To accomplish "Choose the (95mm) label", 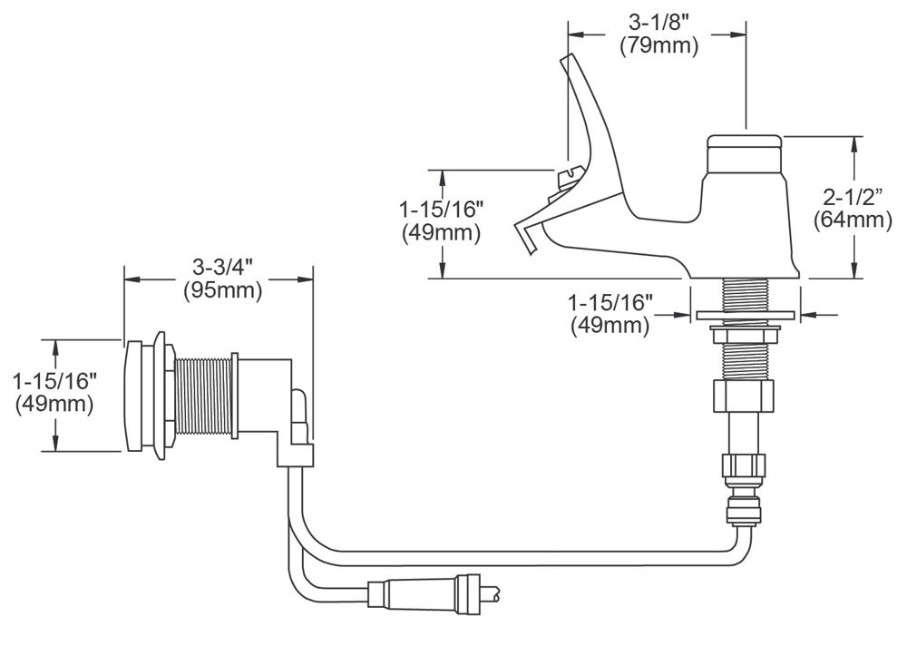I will coord(221,291).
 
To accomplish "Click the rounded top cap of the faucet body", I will coord(744,142).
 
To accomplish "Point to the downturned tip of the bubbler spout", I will coord(526,240).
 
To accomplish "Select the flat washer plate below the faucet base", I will coord(744,316).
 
